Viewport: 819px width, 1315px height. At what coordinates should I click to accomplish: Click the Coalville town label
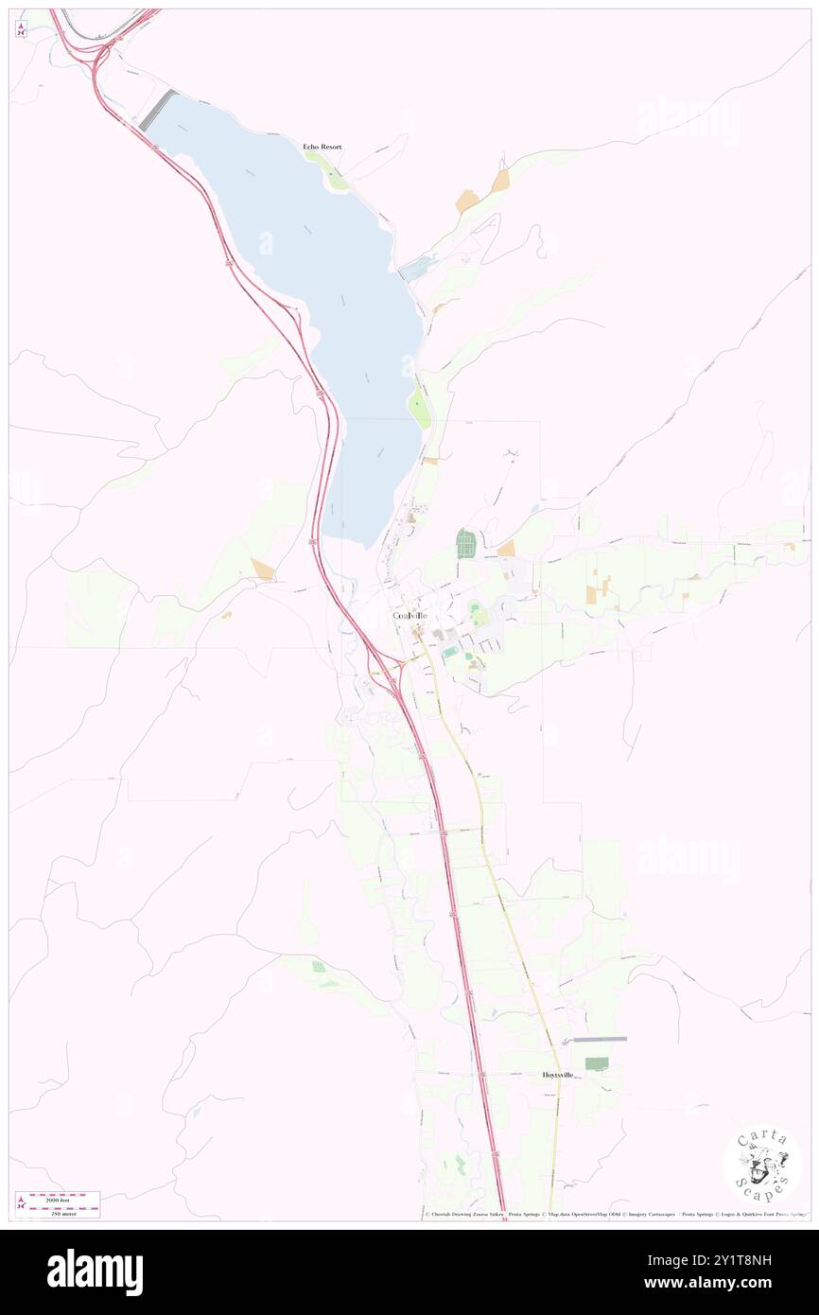click(x=416, y=616)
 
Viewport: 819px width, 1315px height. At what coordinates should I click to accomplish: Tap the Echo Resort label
click(x=322, y=147)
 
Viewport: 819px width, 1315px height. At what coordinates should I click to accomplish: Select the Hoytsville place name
click(x=558, y=1075)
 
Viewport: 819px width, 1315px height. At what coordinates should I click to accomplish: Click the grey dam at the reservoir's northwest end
click(x=158, y=110)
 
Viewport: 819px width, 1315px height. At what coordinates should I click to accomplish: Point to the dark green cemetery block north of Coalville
click(x=464, y=544)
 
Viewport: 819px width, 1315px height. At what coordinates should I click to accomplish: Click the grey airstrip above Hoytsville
click(x=600, y=1039)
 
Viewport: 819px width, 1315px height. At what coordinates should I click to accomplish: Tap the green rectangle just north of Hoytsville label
click(x=596, y=1063)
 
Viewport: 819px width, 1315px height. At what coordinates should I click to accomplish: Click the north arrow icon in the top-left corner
click(x=21, y=28)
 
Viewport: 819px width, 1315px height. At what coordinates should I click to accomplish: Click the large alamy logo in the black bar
click(x=95, y=1271)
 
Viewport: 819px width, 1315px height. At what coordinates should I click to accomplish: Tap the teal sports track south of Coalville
click(x=450, y=652)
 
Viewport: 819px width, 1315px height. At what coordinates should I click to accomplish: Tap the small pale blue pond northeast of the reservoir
click(x=416, y=270)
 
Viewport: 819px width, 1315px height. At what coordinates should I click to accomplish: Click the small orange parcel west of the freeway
click(x=262, y=569)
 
